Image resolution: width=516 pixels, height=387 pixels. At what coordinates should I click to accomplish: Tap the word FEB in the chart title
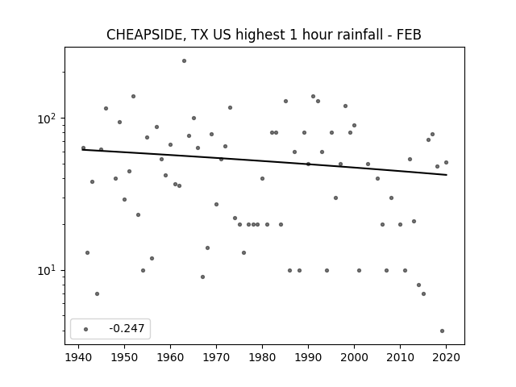click(409, 35)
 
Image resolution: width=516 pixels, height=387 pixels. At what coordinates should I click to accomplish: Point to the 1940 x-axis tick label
click(78, 357)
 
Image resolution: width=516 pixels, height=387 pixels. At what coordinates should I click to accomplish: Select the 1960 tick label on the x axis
click(170, 357)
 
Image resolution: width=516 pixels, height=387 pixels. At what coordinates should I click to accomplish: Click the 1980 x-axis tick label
click(262, 357)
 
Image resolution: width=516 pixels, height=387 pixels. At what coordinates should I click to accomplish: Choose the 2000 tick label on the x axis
click(355, 357)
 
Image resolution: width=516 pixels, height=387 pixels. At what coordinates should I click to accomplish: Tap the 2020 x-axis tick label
click(446, 357)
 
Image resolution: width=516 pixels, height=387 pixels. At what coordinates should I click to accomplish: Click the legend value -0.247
click(127, 328)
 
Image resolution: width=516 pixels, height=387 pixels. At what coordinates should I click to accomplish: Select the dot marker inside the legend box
click(86, 329)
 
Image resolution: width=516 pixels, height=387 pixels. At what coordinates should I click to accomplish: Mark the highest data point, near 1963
click(185, 61)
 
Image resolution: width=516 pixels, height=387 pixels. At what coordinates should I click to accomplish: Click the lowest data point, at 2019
click(442, 331)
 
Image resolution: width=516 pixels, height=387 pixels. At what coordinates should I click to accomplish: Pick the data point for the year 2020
click(446, 163)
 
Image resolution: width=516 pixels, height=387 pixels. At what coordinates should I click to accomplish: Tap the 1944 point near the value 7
click(97, 293)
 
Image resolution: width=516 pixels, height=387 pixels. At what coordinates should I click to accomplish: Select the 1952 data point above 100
click(133, 97)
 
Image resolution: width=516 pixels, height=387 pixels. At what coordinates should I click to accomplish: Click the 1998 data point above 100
click(345, 106)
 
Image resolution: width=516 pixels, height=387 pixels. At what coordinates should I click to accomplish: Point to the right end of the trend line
click(447, 175)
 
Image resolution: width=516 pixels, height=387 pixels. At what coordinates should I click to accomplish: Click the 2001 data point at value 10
click(359, 271)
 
